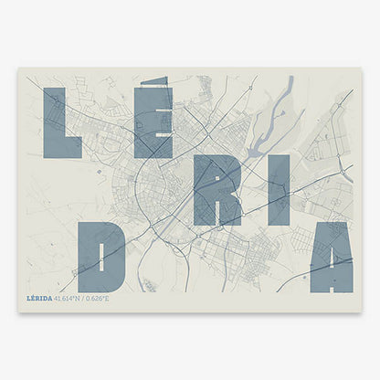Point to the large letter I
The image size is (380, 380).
pyautogui.click(x=278, y=189)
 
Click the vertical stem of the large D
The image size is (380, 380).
pyautogui.click(x=87, y=256)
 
